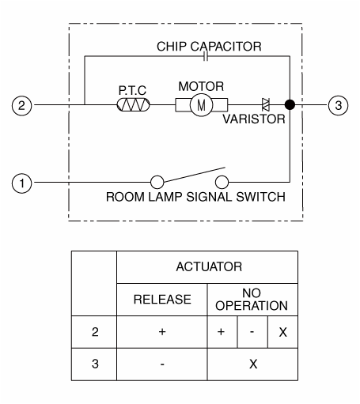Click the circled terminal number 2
point(21,105)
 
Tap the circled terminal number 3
point(338,105)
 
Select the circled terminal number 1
point(21,183)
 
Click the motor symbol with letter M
point(201,105)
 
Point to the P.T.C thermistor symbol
point(133,104)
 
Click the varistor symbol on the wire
point(266,104)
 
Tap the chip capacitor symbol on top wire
point(206,56)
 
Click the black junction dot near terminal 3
point(290,104)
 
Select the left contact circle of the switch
point(157,182)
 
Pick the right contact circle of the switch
point(222,182)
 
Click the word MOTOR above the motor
point(201,86)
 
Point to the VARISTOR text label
point(254,119)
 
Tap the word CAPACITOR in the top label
point(226,47)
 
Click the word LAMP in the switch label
point(165,197)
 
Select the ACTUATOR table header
point(209,266)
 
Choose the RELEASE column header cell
point(162,300)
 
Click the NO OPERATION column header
point(252,300)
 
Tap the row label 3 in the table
point(95,364)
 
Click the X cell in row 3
point(253,364)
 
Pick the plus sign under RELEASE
point(162,331)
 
